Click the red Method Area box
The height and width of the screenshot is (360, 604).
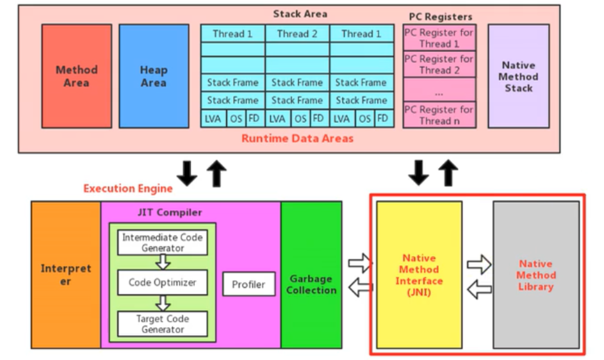point(76,76)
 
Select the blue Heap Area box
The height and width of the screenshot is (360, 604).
point(154,76)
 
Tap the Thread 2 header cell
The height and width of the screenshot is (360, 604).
point(297,34)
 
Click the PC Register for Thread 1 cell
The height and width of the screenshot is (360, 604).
point(439,38)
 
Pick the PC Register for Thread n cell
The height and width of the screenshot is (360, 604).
point(439,115)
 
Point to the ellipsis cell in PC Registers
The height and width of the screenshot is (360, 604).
point(439,90)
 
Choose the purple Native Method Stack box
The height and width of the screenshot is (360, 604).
point(518,76)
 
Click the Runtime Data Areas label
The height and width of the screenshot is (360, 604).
point(297,138)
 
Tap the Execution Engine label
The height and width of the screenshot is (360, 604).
point(128,188)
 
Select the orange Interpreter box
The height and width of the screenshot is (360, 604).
point(66,274)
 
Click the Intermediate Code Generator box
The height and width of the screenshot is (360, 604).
point(162,242)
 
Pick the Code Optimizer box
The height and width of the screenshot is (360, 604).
point(162,282)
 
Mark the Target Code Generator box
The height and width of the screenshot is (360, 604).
point(162,323)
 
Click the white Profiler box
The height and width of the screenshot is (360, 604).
point(249,284)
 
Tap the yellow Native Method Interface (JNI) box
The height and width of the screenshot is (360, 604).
point(419,274)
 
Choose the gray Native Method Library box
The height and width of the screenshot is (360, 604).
point(535,274)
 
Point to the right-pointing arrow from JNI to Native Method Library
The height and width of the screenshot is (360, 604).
point(478,264)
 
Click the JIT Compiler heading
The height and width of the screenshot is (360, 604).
point(170,212)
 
